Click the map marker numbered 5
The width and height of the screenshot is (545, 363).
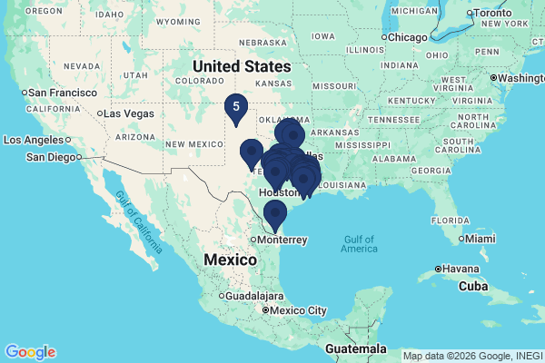pos(236,108)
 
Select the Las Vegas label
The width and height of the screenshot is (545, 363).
pos(128,113)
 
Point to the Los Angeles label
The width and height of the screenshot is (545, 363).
pos(35,140)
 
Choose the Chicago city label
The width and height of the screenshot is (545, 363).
pos(410,36)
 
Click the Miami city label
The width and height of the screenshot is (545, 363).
pos(481,239)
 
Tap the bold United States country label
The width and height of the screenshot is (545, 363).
pos(242,66)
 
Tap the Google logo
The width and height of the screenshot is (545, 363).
pos(30,352)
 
